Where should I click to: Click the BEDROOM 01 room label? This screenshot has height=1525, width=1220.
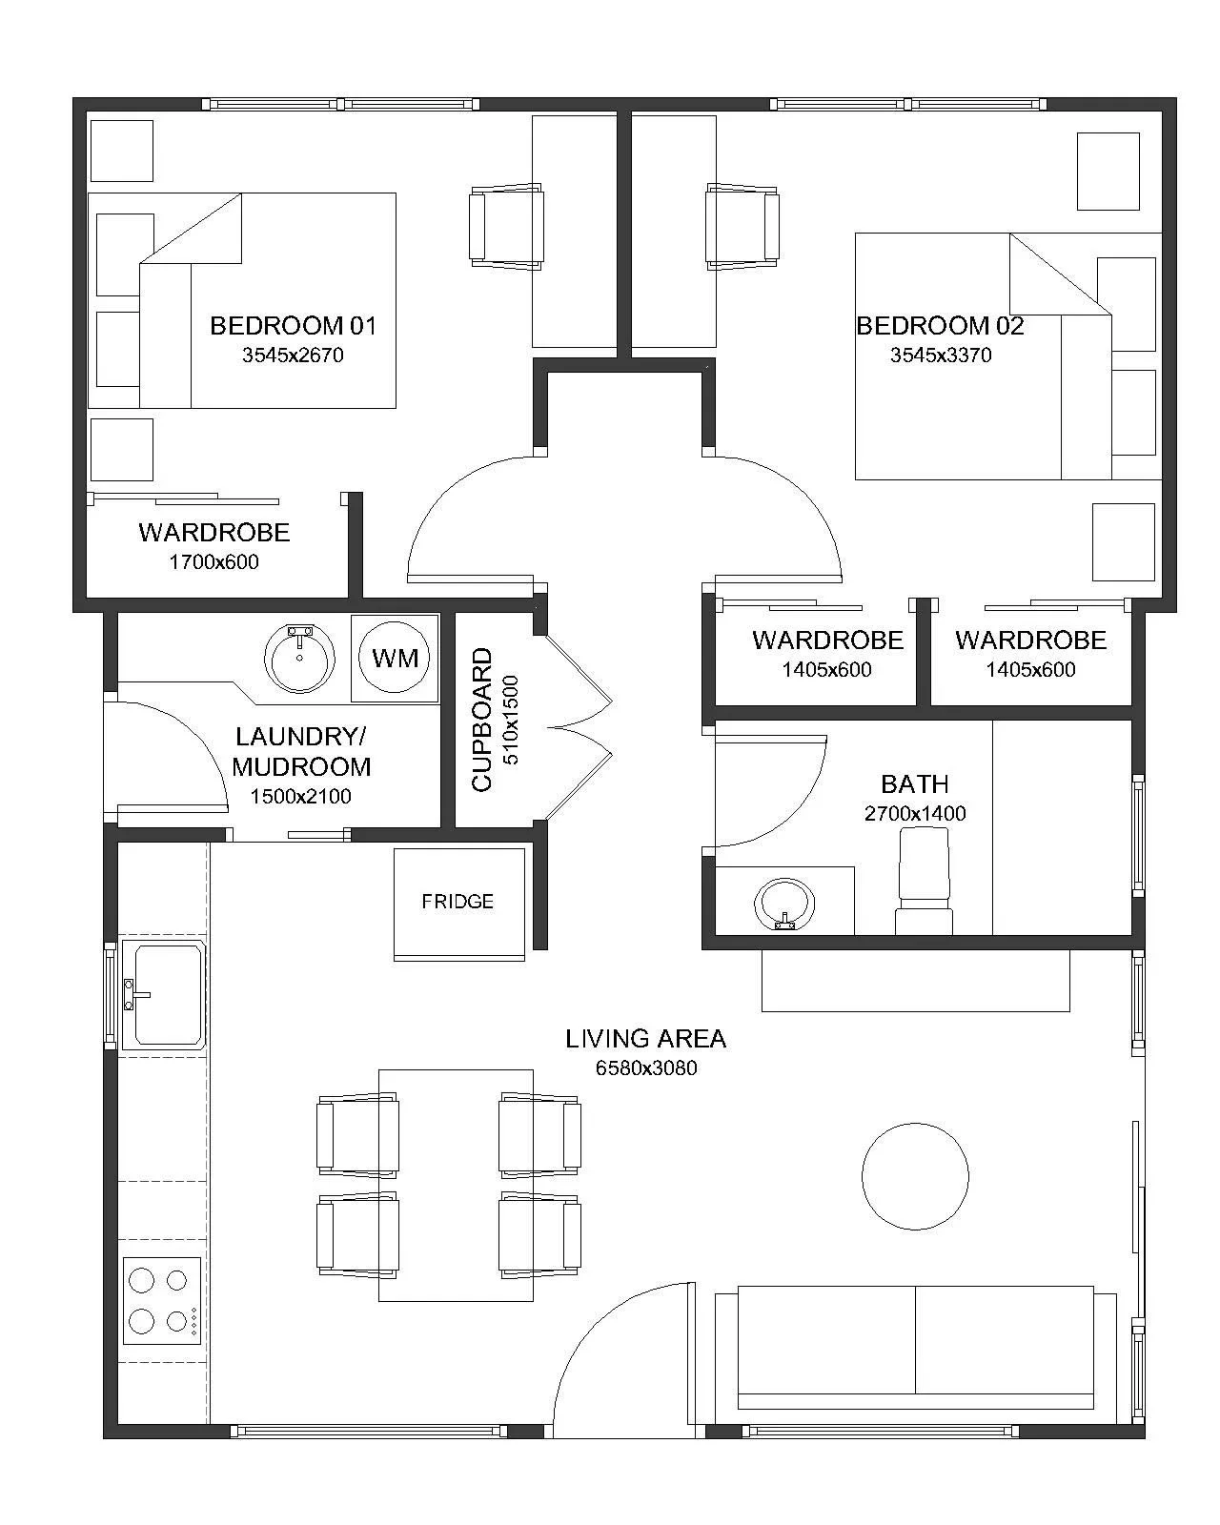[x=293, y=326]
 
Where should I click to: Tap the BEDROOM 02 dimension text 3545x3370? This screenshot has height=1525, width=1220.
[x=941, y=355]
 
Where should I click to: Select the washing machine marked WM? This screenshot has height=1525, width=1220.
[x=395, y=658]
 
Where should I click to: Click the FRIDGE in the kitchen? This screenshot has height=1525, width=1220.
[x=459, y=905]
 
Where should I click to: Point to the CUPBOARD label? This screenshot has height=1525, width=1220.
[x=482, y=720]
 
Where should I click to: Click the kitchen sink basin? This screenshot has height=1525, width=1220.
[x=164, y=994]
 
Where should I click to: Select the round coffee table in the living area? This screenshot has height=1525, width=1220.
[x=915, y=1176]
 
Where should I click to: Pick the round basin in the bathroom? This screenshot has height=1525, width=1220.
[x=784, y=905]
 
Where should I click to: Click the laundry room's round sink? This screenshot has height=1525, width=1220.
[x=300, y=659]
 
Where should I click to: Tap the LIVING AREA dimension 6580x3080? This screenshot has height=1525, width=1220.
[x=646, y=1067]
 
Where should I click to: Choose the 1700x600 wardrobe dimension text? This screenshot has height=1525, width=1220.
[x=214, y=562]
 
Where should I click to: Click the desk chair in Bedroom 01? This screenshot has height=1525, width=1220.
[x=506, y=227]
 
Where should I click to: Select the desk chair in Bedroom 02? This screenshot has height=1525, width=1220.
[x=742, y=227]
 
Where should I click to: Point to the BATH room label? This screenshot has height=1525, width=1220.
[x=914, y=784]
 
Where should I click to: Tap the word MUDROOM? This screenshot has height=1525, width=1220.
[x=301, y=766]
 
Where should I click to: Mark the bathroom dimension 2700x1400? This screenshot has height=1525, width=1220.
[x=915, y=814]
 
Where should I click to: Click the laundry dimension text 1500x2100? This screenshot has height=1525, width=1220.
[x=300, y=797]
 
